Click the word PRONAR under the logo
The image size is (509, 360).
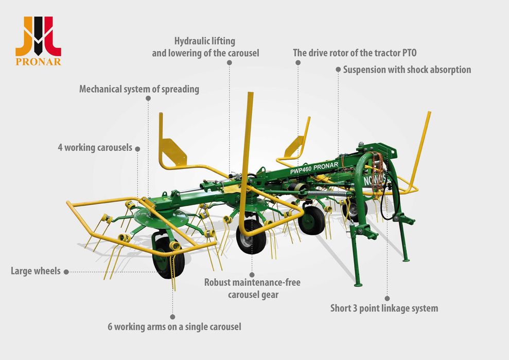[38, 62]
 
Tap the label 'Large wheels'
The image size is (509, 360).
[36, 271]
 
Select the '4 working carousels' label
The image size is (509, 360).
[95, 147]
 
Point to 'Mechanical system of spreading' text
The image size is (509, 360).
[139, 89]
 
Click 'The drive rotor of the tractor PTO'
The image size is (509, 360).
[355, 53]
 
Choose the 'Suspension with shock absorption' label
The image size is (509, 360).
[407, 70]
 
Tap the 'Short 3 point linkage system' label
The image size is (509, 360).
[384, 308]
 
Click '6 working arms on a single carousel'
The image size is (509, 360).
[174, 327]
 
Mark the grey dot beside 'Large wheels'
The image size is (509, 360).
[66, 272]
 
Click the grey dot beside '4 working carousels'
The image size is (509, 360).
[137, 149]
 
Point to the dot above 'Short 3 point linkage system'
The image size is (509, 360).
[387, 298]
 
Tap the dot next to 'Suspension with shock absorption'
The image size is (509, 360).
[338, 69]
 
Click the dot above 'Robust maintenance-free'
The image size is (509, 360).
[252, 275]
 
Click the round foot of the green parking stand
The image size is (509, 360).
[358, 285]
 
